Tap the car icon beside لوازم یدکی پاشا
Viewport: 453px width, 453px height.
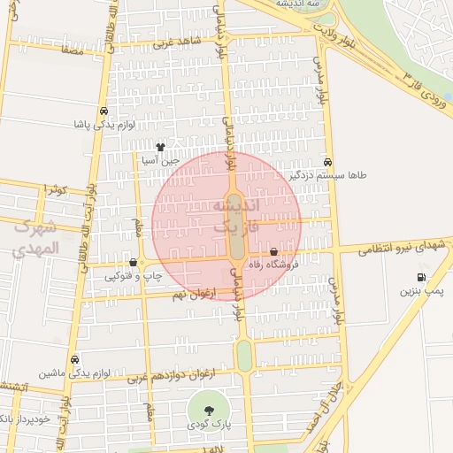tap(104, 111)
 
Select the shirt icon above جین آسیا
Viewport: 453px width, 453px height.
tap(160, 147)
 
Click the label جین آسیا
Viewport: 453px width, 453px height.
tap(161, 161)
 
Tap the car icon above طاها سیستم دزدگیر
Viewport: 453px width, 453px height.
tap(328, 162)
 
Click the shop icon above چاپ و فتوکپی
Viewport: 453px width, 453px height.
tap(134, 262)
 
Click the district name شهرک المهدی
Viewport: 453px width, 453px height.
tap(35, 236)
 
